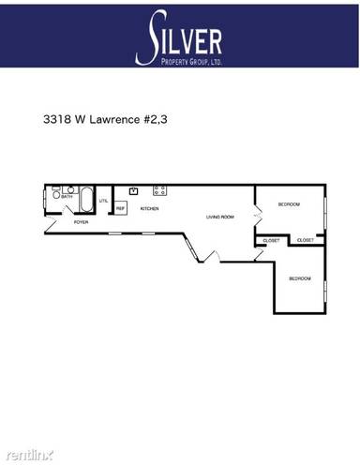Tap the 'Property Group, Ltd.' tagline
[193, 60]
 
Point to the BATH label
[67, 197]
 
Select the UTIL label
[104, 201]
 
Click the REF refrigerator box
[121, 208]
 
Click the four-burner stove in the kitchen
[159, 190]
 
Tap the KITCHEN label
[149, 208]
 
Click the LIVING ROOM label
[220, 218]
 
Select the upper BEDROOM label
[289, 203]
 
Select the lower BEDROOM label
[299, 278]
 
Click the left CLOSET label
[271, 241]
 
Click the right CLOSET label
[306, 241]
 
